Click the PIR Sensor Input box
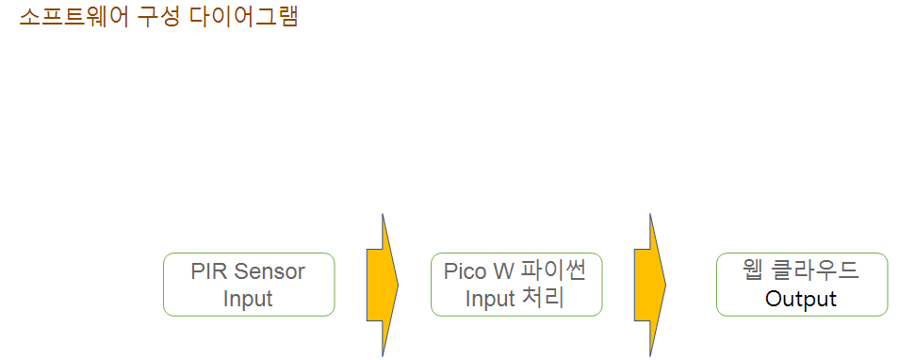[249, 285]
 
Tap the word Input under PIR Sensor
[248, 299]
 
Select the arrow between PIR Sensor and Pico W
[383, 285]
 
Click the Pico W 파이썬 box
[516, 285]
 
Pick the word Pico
[465, 271]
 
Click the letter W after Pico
[503, 271]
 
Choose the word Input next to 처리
[489, 299]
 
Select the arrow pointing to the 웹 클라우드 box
[650, 285]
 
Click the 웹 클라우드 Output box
[802, 285]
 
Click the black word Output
[801, 299]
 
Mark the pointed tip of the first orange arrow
[398, 285]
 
